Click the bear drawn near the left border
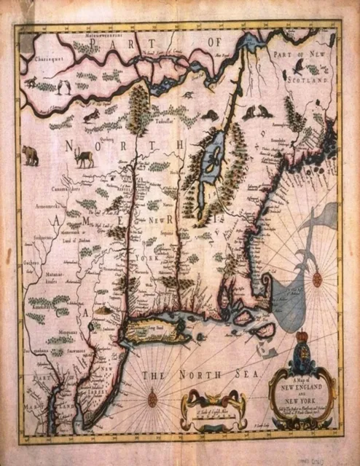(x=31, y=154)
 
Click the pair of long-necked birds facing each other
(x=64, y=88)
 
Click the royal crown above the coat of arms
(x=302, y=339)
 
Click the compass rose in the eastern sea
(x=318, y=277)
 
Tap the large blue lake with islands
(x=212, y=156)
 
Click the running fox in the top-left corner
(x=31, y=82)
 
